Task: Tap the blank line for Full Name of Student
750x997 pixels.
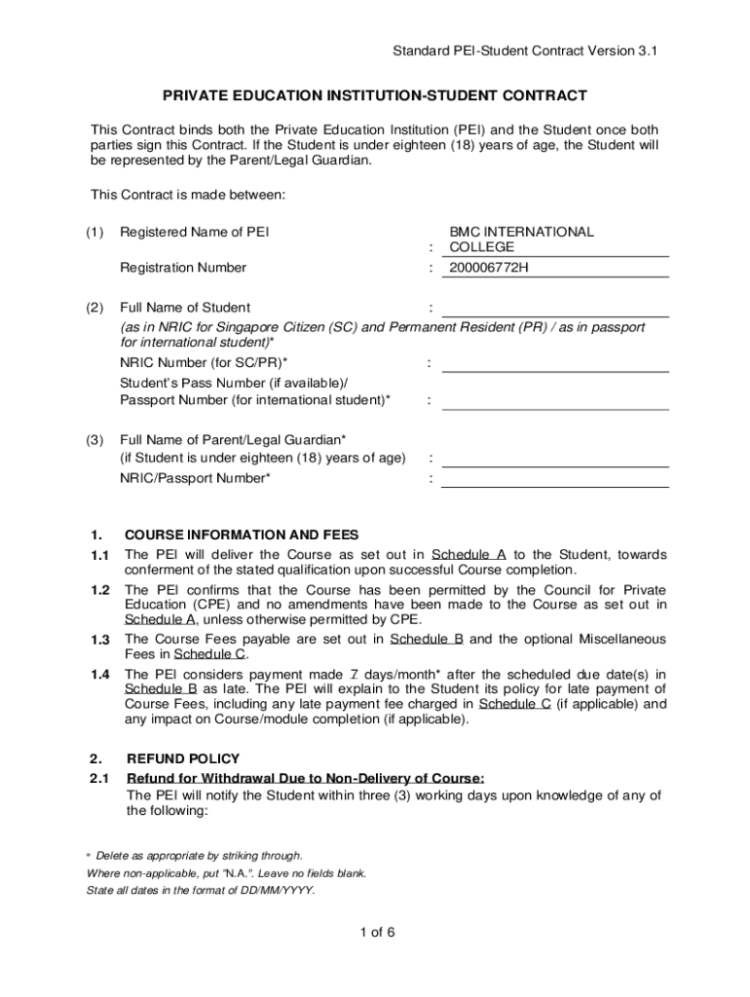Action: click(x=555, y=309)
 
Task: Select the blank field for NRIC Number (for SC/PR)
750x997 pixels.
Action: click(x=555, y=363)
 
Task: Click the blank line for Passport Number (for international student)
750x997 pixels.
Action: click(x=555, y=400)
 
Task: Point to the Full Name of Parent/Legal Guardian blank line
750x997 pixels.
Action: click(x=555, y=459)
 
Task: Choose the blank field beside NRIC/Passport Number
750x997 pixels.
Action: click(x=555, y=478)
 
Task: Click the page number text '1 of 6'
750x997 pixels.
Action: click(x=376, y=932)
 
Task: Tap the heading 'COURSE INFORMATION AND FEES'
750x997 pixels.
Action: click(x=242, y=535)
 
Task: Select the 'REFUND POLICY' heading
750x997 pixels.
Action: click(x=183, y=758)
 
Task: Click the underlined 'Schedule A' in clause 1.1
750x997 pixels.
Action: click(x=469, y=555)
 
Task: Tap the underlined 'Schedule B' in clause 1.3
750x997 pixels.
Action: click(x=426, y=640)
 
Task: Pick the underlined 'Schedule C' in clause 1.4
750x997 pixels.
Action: click(x=515, y=704)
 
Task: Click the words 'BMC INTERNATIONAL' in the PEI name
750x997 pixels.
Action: click(x=521, y=233)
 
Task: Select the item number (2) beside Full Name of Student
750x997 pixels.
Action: click(x=94, y=308)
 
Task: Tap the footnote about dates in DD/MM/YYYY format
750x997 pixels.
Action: click(x=201, y=891)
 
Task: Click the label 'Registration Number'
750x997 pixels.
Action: click(x=183, y=268)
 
